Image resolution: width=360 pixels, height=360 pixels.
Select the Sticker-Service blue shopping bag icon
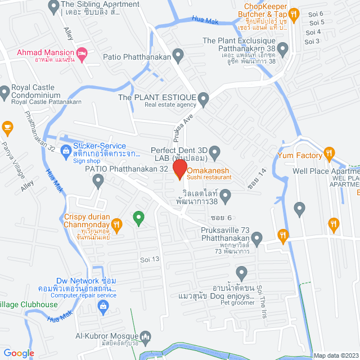click(x=66, y=150)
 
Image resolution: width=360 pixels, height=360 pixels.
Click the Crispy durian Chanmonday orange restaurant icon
click(x=116, y=226)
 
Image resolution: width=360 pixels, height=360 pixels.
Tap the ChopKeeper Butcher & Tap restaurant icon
click(x=293, y=13)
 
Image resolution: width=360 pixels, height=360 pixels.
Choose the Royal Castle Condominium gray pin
click(x=5, y=91)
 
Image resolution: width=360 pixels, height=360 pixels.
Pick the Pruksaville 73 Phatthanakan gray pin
click(x=258, y=239)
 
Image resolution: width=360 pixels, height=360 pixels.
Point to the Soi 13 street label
click(x=150, y=259)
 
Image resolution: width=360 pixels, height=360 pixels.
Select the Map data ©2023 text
click(x=335, y=355)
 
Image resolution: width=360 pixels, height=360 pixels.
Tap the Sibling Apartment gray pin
click(x=53, y=6)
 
